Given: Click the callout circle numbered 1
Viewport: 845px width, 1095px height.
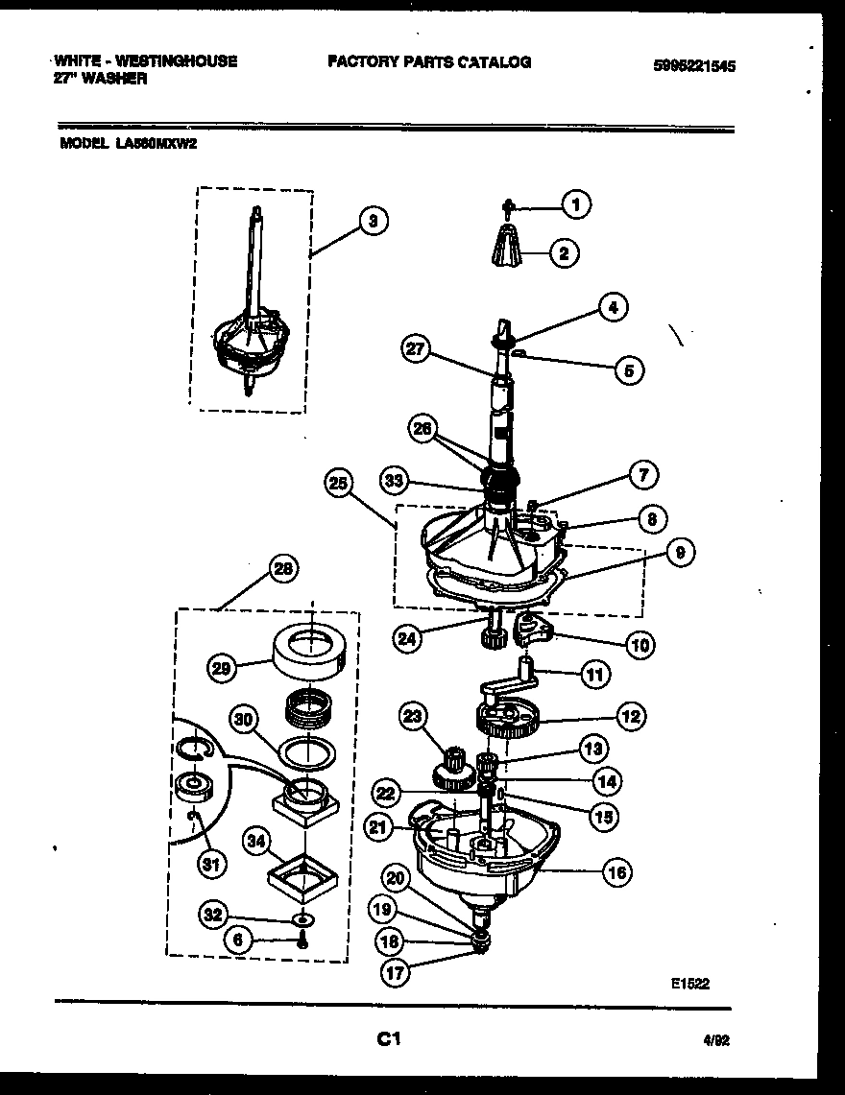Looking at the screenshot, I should click(575, 203).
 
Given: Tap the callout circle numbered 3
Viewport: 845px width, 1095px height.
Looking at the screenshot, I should click(373, 222).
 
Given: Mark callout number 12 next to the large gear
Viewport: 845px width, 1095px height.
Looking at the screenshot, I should click(630, 715).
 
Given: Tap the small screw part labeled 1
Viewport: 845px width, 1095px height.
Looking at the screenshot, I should click(511, 204).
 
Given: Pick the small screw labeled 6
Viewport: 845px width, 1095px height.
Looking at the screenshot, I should click(303, 941).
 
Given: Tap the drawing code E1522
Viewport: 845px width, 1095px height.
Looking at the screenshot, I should click(689, 983).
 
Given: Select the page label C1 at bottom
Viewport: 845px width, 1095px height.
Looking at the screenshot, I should click(388, 1038).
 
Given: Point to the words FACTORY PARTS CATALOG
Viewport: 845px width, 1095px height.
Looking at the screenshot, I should click(429, 61).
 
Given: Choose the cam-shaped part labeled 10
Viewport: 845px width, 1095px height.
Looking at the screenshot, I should click(536, 631).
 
